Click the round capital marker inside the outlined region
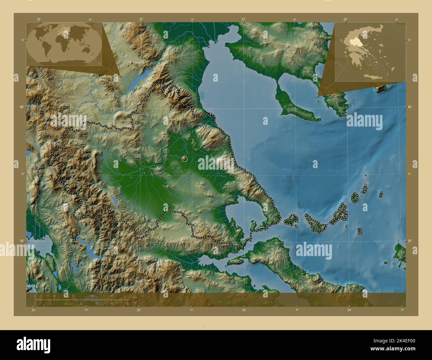coord(184,159)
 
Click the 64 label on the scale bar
coord(112,296)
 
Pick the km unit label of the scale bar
coord(135,297)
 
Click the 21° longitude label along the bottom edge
coord(33,310)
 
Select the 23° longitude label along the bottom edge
coord(244,310)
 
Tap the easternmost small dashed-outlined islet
coord(381,195)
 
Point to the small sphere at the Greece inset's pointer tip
coord(318,96)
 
